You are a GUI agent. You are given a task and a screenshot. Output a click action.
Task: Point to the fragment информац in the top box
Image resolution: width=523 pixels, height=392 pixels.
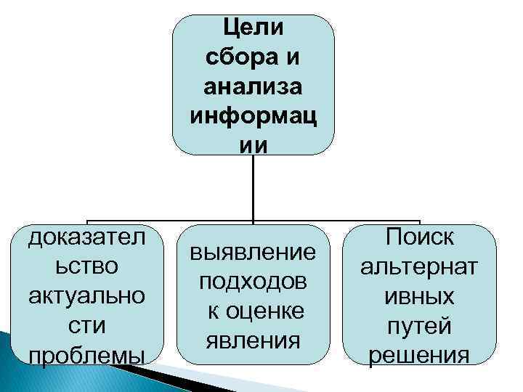click(x=253, y=116)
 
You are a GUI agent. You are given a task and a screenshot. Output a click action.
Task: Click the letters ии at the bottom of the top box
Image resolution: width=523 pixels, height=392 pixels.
click(x=253, y=145)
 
